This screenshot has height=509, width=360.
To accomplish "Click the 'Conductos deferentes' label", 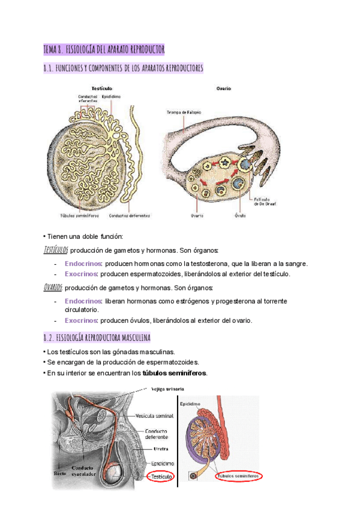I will click(x=129, y=216).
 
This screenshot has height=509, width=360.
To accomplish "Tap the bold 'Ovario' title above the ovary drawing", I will click(x=224, y=88).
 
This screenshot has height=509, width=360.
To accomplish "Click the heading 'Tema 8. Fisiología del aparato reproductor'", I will click(x=104, y=49).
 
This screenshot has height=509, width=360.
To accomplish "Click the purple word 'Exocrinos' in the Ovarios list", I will click(x=82, y=320).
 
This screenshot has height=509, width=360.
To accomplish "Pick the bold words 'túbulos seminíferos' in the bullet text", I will click(x=174, y=373).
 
